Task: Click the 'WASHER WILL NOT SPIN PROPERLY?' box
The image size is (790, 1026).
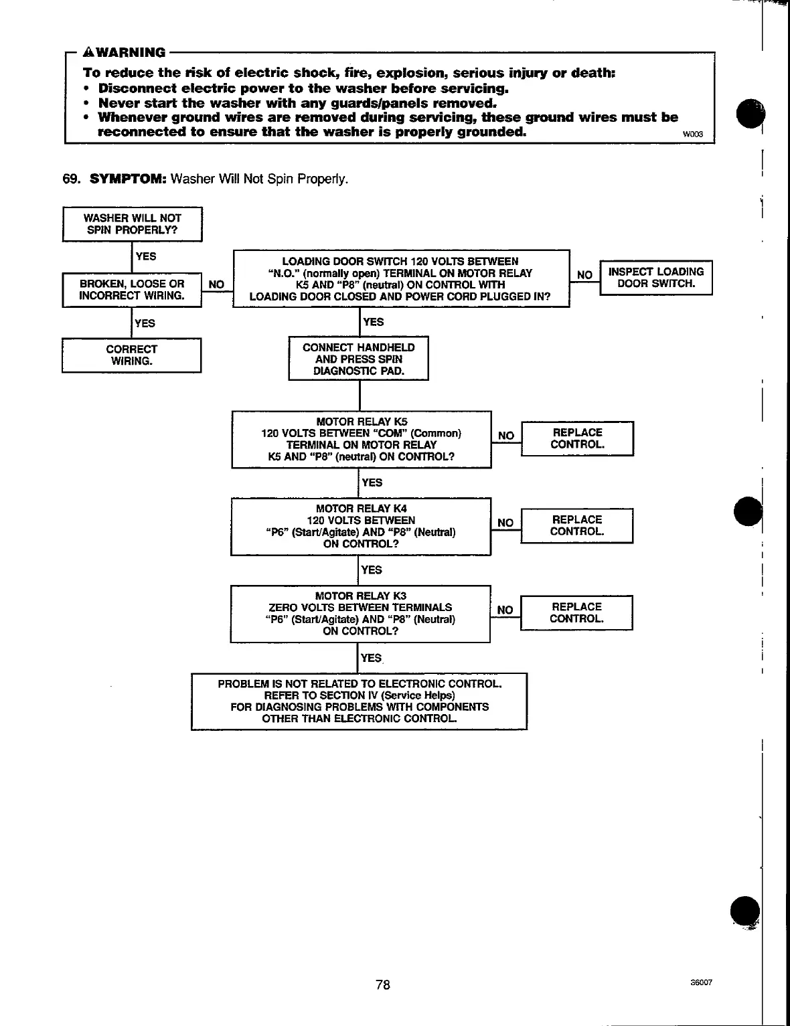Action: click(x=132, y=224)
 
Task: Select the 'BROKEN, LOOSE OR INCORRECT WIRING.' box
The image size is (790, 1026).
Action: click(x=132, y=290)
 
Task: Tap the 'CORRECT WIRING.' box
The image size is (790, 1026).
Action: click(x=131, y=355)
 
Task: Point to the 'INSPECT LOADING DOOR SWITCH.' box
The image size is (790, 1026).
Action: click(x=655, y=278)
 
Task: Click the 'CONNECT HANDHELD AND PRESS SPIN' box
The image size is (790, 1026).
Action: click(x=358, y=359)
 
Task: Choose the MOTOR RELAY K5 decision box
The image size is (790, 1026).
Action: click(x=361, y=439)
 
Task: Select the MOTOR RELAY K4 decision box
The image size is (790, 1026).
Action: click(x=360, y=526)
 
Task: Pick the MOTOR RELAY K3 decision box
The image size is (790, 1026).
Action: click(x=360, y=614)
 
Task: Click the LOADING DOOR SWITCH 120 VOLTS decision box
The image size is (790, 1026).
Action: click(x=400, y=279)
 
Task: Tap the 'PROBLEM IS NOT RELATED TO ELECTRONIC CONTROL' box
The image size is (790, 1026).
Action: click(x=359, y=701)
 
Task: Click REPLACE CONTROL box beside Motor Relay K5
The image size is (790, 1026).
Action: click(x=577, y=438)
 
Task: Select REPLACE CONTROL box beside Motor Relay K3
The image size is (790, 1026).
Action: click(x=576, y=613)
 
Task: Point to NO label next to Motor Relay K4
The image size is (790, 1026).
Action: click(x=505, y=523)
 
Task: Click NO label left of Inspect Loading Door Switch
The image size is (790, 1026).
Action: click(x=584, y=275)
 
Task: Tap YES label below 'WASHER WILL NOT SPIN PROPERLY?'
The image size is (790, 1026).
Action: click(x=145, y=256)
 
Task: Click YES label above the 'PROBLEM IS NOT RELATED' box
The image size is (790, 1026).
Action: click(x=371, y=658)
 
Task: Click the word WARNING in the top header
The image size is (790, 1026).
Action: click(x=131, y=53)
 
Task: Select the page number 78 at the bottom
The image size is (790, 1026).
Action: click(x=383, y=985)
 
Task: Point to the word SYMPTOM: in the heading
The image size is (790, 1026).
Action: click(x=127, y=179)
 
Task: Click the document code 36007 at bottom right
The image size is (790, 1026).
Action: click(x=701, y=983)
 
